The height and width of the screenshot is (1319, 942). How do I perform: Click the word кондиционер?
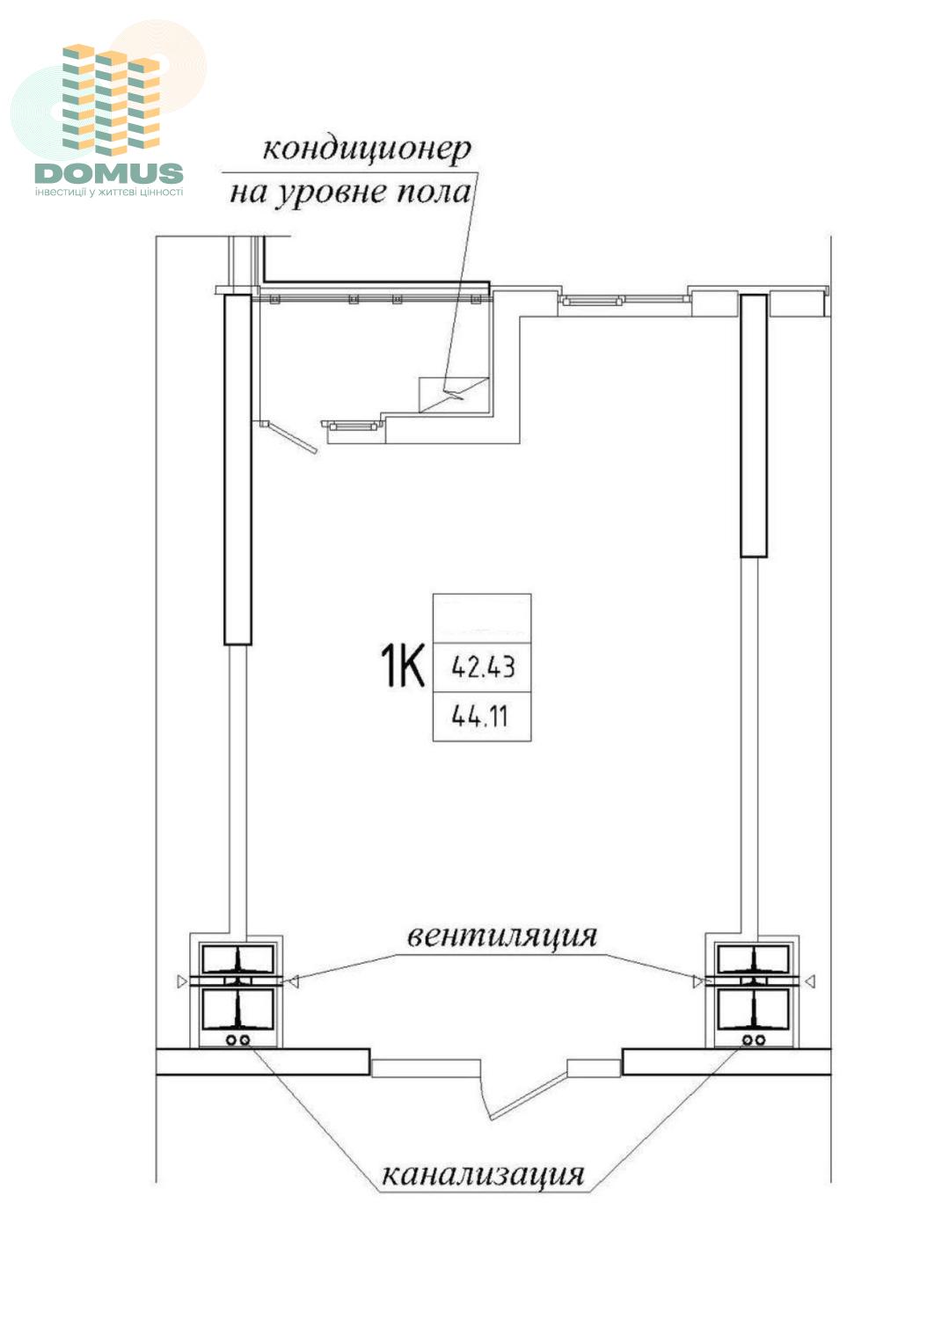point(366,149)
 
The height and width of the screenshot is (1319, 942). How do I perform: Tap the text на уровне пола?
point(351,192)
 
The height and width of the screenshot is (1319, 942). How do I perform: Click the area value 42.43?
point(483,667)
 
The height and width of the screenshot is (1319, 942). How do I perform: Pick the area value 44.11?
point(479,717)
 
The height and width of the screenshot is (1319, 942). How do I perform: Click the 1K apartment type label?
point(402,666)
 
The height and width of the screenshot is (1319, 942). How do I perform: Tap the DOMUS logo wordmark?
point(109,173)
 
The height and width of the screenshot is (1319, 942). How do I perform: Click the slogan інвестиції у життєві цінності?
point(109,192)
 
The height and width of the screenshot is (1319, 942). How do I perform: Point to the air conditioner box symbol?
point(454,395)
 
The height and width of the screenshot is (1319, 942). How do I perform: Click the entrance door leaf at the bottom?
point(529,1095)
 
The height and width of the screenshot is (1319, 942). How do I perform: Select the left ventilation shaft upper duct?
point(237,958)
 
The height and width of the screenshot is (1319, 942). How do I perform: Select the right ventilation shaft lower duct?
point(753,1009)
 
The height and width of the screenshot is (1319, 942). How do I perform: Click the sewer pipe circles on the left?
point(237,1040)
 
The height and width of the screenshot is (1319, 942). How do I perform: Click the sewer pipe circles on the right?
point(754,1040)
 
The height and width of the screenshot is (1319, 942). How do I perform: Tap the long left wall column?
point(238,470)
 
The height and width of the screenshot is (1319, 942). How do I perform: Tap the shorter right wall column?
point(754,425)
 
